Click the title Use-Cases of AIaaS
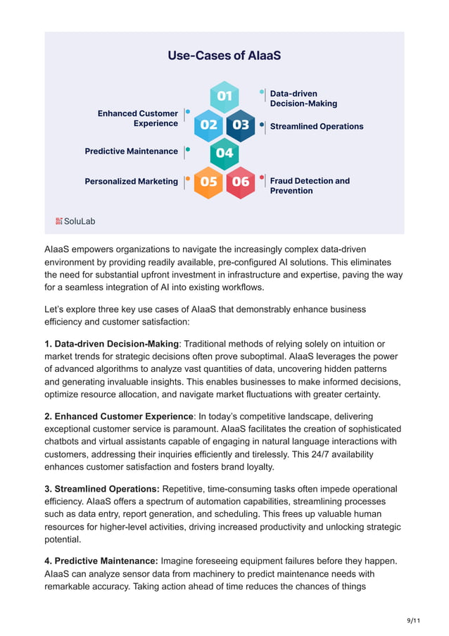(224, 55)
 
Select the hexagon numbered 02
(209, 125)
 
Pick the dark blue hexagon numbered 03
(240, 125)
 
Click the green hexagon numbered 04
(224, 153)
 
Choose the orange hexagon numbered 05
(209, 182)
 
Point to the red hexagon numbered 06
(240, 182)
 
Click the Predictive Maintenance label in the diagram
(131, 151)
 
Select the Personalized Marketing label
(131, 182)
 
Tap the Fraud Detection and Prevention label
(310, 186)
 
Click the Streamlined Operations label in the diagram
(317, 127)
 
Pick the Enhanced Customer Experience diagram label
(138, 118)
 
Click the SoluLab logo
(75, 221)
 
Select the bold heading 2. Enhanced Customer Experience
(118, 416)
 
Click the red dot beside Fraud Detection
(263, 177)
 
